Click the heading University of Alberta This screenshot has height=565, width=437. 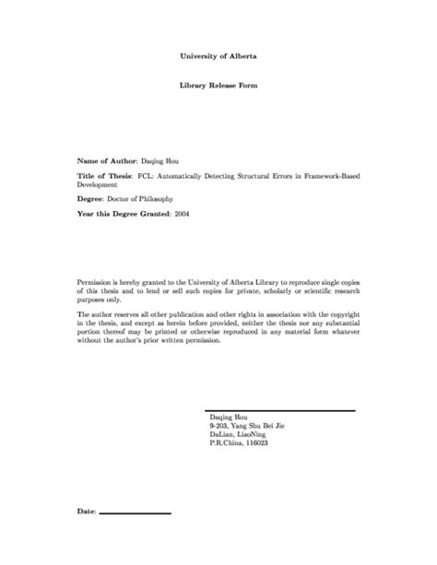(x=218, y=55)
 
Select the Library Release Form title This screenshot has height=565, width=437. (x=218, y=84)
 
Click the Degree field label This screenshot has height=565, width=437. (x=91, y=197)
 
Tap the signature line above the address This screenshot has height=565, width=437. (x=278, y=408)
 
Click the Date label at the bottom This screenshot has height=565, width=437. (x=86, y=510)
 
